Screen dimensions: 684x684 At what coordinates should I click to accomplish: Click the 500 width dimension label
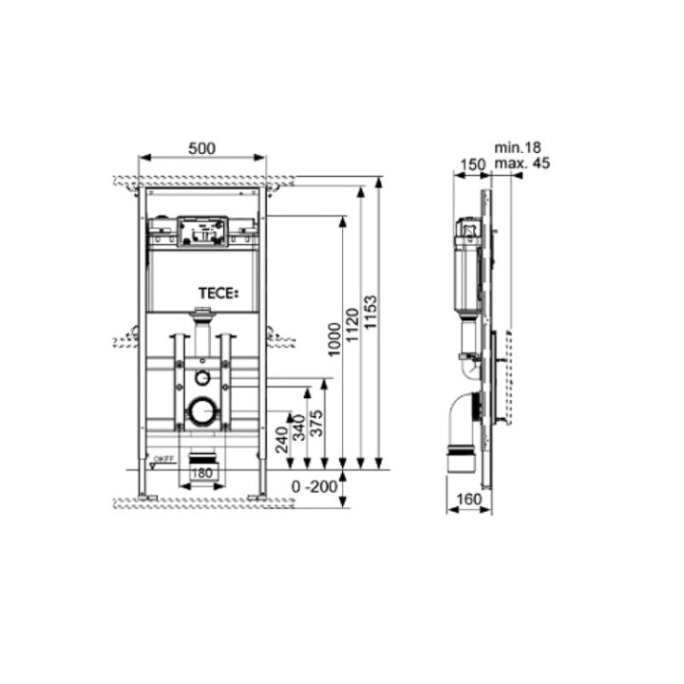click(x=202, y=148)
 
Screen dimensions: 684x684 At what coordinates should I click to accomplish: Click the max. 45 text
click(x=522, y=163)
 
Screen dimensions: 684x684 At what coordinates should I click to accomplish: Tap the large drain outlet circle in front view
click(x=201, y=411)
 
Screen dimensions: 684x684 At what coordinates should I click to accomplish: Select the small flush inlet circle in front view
click(x=201, y=377)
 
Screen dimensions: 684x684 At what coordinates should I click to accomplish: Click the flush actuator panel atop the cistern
click(x=201, y=230)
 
